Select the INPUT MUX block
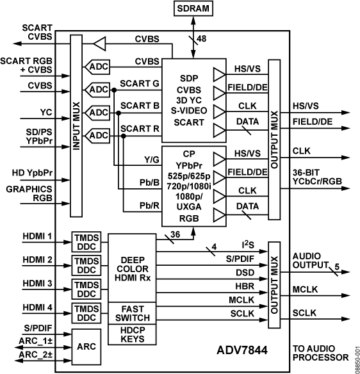[x=76, y=128]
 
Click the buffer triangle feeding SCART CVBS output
[x=99, y=44]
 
